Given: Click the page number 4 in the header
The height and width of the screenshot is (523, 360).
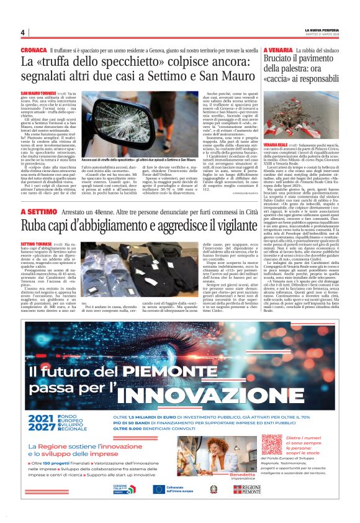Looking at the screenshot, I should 22,33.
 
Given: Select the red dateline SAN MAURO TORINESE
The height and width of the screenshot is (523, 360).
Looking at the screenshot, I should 36,93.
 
